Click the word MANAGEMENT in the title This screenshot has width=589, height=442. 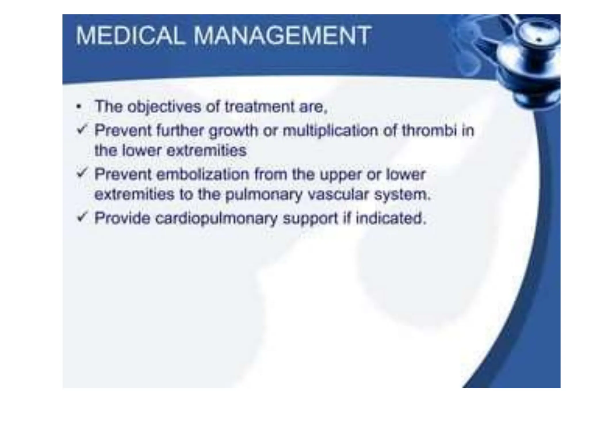coord(282,36)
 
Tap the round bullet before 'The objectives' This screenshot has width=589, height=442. coord(79,107)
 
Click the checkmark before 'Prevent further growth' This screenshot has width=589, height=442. coord(82,130)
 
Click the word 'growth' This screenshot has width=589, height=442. coord(233,131)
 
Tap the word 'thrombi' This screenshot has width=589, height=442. coord(429,131)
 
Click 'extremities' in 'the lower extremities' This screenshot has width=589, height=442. coord(206,150)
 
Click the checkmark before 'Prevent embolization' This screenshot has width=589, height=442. coord(82,174)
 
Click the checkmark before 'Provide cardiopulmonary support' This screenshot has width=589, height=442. coord(82,217)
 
